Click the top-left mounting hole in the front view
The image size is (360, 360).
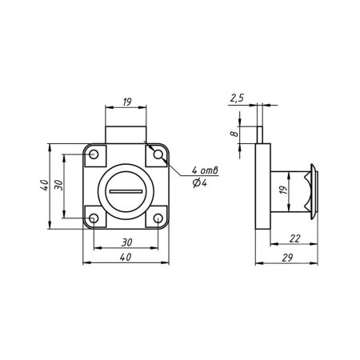click(94, 154)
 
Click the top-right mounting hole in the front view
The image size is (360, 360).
click(158, 154)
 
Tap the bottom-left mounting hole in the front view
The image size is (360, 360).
click(94, 218)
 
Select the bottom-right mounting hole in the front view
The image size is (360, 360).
click(158, 218)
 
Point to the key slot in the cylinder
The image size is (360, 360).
click(126, 191)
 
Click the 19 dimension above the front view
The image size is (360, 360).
click(127, 102)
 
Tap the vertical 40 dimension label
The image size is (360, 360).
click(45, 185)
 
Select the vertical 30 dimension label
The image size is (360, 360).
click(58, 185)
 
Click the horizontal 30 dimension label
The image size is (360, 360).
click(126, 242)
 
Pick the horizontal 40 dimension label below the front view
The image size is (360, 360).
click(126, 257)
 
